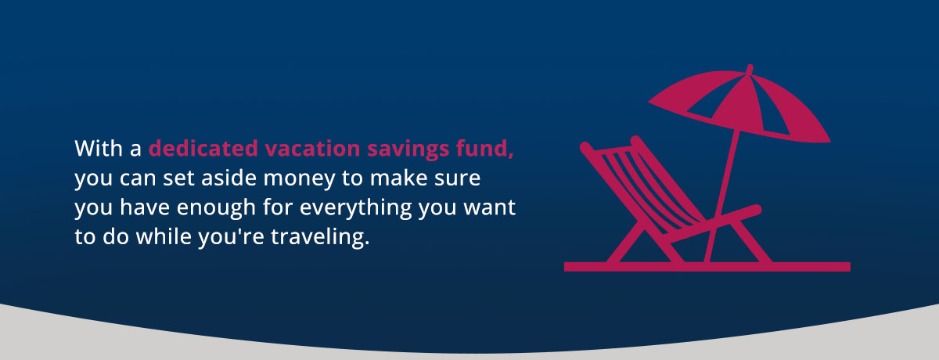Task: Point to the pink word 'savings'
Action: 404,149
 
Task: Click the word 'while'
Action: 176,238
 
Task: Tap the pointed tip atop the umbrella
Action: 750,69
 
